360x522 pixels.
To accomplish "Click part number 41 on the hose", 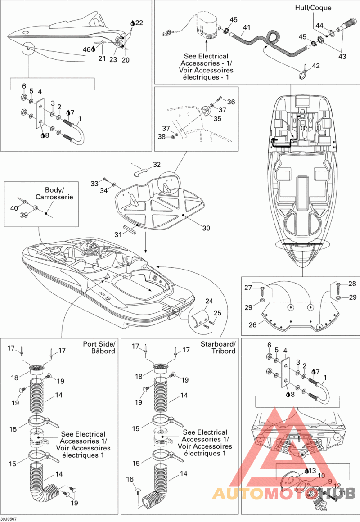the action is (x=247, y=27).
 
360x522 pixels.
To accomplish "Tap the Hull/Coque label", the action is (x=313, y=7).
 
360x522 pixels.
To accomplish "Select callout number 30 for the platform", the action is (x=207, y=228).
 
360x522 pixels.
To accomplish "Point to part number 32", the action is (x=157, y=164).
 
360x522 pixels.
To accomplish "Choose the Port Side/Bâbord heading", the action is (x=99, y=347).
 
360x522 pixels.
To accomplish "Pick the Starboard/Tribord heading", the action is (x=218, y=347).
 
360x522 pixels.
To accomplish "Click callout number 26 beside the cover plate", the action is (x=253, y=324).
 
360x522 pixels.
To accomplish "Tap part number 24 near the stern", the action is (x=209, y=301).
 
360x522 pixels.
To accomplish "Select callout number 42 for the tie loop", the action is (x=315, y=66).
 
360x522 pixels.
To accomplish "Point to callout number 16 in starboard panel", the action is (x=130, y=479).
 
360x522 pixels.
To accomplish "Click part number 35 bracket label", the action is (x=217, y=118).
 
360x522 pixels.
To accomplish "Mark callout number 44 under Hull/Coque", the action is (x=319, y=26).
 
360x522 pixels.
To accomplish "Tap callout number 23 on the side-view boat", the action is (x=113, y=60).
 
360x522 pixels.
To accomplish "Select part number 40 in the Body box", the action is (x=14, y=208).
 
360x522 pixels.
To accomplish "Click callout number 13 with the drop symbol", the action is (x=310, y=471).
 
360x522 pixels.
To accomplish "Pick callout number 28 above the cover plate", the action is (x=352, y=283).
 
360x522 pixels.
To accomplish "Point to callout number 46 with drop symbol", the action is (x=89, y=49).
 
